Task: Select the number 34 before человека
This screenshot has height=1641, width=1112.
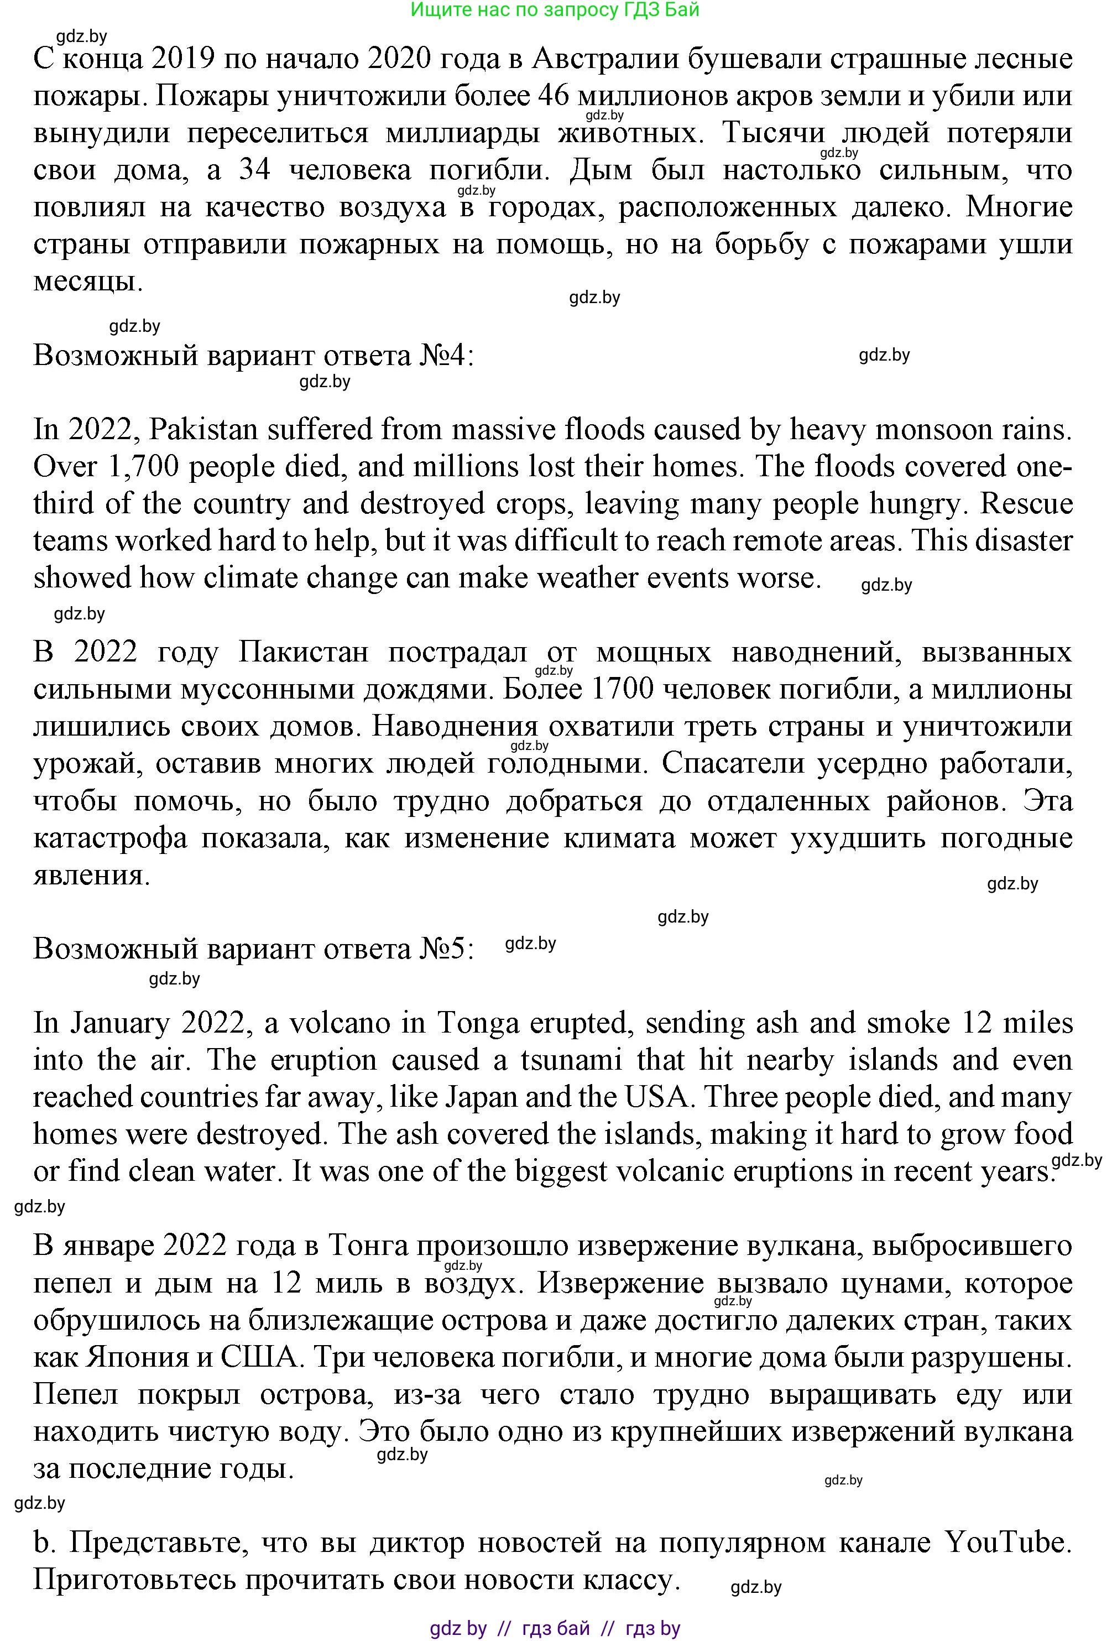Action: [x=255, y=170]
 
